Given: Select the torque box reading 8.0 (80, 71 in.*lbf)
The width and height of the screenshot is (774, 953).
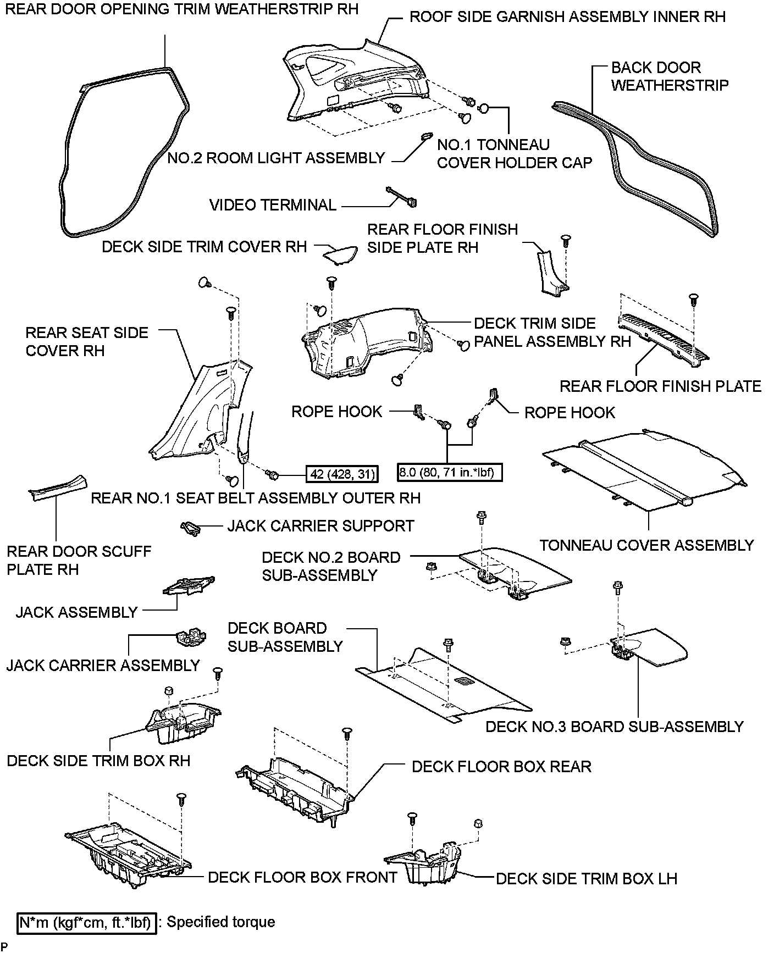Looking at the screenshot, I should tap(449, 472).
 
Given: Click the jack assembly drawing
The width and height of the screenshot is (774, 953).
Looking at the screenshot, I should tap(188, 586).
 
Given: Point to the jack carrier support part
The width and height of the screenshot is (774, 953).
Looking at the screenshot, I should tap(190, 528).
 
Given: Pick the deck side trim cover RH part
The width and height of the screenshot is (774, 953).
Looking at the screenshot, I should tap(339, 253).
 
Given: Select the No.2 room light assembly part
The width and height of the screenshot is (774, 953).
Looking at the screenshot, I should tap(425, 137).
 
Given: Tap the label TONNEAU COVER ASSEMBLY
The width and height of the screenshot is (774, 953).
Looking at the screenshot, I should tap(646, 545).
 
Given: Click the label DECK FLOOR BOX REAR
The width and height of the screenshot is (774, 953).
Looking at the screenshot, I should tap(501, 767).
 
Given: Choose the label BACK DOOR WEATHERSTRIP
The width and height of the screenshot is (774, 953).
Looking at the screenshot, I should tap(670, 76).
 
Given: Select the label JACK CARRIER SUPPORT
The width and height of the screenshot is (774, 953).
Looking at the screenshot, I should tap(320, 526).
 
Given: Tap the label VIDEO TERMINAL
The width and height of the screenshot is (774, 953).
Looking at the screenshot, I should tap(273, 206).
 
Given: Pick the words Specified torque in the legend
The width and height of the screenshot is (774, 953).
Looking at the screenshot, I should tap(221, 922).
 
